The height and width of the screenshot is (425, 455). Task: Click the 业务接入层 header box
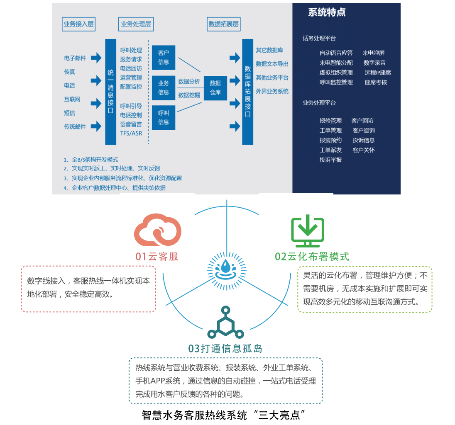pos(78,24)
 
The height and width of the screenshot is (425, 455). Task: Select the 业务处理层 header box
pos(136,24)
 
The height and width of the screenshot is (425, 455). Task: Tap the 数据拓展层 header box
pos(224,24)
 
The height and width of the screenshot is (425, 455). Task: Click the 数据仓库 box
pos(215,88)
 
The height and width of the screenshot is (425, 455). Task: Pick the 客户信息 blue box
pos(164,57)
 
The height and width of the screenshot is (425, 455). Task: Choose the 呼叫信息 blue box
pos(164,117)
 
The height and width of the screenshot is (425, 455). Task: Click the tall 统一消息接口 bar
pos(110,92)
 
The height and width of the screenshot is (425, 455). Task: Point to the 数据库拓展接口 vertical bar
pos(248,92)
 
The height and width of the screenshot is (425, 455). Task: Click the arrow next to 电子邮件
pos(96,58)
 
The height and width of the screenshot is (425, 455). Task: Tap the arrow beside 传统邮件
pos(96,126)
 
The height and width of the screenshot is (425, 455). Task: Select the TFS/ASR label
pos(131,133)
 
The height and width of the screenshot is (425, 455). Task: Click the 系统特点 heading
pos(327,12)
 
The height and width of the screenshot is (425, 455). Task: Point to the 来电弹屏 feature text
pos(374,53)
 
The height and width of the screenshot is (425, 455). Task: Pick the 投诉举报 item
pos(331,160)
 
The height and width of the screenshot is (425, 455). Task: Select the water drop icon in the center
pos(226,267)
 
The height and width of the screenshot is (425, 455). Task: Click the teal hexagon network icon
pos(225,323)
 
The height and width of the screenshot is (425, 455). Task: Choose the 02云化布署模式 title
pos(312,257)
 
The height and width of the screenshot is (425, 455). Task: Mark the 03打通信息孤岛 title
pos(225,349)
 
